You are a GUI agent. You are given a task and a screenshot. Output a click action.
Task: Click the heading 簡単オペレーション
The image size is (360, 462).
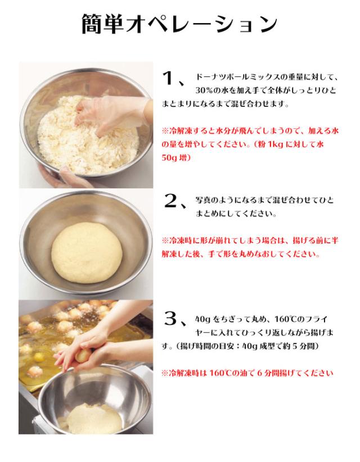tap(179, 24)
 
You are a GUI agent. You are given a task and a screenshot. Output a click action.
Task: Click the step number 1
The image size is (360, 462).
tap(168, 78)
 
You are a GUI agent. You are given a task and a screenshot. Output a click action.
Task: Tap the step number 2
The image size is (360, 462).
tap(170, 201)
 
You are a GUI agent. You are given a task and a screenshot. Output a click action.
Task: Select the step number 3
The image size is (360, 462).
tap(170, 319)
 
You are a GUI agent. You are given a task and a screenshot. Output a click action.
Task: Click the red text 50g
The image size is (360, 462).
tap(169, 157)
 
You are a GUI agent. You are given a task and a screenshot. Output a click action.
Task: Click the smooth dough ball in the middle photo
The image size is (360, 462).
tap(87, 252)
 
